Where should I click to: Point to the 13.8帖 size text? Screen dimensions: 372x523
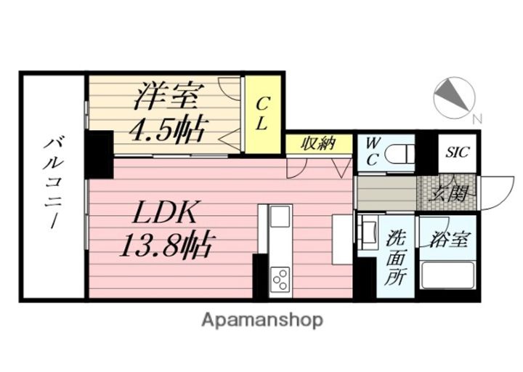(x=165, y=246)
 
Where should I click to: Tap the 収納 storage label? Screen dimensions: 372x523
(x=318, y=143)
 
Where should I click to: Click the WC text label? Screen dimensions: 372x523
(x=372, y=150)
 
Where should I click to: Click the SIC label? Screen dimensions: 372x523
(x=458, y=153)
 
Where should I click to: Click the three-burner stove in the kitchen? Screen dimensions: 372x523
(x=280, y=278)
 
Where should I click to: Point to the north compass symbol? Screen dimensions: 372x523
(x=454, y=97)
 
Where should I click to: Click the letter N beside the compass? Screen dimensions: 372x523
(x=477, y=118)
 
